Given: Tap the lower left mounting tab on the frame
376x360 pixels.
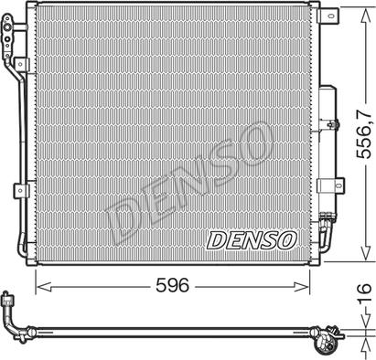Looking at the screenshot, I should [x=20, y=191].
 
